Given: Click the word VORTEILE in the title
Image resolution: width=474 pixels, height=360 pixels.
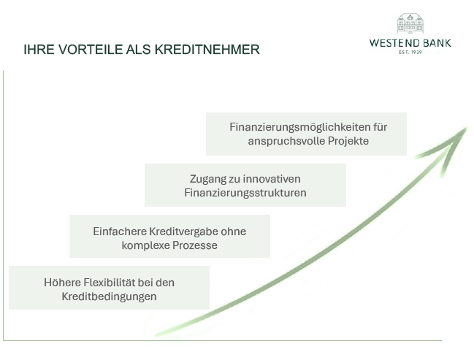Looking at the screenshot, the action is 91,50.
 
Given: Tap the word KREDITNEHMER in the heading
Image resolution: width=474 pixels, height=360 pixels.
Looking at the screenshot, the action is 207,50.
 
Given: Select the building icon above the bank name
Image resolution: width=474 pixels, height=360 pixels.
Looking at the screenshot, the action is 410,23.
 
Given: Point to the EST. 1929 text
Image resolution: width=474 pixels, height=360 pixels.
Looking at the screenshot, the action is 410,52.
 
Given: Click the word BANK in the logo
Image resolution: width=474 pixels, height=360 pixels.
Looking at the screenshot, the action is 437,43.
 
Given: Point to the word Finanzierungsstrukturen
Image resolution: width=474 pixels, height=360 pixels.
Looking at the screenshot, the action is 245,193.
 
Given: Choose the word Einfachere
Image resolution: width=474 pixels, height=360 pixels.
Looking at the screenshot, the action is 120,231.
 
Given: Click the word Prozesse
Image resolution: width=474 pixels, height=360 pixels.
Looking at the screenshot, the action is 195,245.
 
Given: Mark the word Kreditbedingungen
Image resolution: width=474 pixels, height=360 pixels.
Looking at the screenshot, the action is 109,296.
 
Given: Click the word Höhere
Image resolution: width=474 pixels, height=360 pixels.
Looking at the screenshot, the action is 62,283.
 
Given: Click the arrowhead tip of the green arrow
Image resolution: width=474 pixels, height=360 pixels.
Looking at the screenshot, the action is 467,129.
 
